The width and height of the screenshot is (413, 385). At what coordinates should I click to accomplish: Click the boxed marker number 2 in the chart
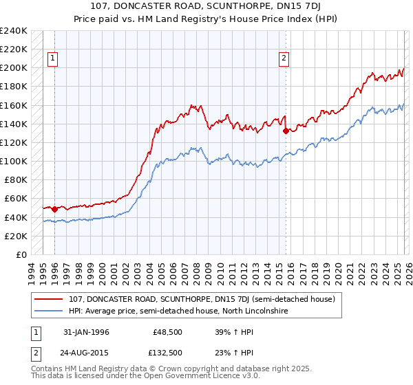(x=284, y=59)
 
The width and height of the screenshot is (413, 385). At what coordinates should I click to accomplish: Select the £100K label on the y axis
(x=13, y=161)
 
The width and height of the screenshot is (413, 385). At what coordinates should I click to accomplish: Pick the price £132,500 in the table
(x=167, y=352)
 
